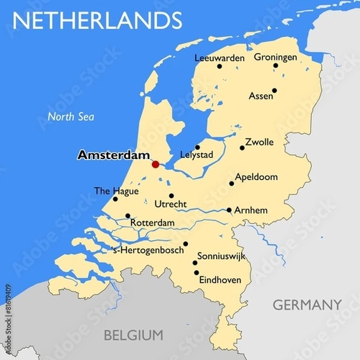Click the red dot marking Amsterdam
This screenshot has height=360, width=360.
point(155,164)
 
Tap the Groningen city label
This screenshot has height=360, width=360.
point(275,58)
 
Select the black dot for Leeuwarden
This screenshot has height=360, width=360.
point(220,66)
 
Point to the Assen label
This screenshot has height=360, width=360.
point(260,96)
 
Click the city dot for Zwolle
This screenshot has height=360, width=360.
point(242,148)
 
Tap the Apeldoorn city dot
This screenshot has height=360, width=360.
point(232,184)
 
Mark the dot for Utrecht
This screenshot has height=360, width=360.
point(171,196)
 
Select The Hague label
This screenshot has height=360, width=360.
point(116,191)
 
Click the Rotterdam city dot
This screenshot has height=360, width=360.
point(128,216)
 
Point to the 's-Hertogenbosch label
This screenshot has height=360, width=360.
point(148,250)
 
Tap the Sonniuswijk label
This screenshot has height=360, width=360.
point(225,256)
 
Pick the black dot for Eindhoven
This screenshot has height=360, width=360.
point(196,273)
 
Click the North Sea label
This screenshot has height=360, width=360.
point(71,117)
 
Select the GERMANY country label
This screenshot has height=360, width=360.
point(307,305)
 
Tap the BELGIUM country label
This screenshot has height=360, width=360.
point(133,335)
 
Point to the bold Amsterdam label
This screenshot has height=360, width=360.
point(113,155)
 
